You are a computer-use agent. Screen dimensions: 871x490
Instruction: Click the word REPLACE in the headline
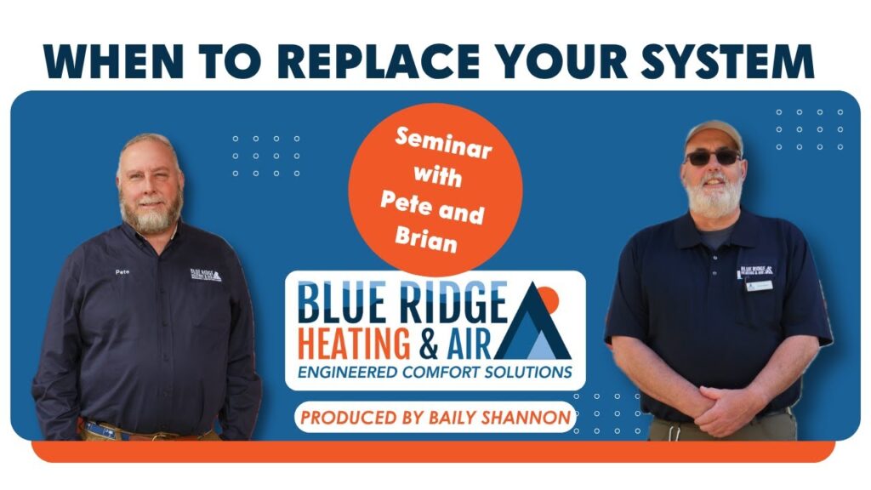click(379, 60)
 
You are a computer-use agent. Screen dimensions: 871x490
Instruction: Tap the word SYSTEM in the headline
click(727, 60)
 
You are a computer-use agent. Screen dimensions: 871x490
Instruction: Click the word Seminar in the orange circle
click(443, 144)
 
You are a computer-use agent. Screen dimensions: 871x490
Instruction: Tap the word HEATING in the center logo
click(354, 344)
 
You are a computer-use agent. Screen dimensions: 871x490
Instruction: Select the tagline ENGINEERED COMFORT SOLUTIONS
click(435, 372)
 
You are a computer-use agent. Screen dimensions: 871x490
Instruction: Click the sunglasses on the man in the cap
click(714, 157)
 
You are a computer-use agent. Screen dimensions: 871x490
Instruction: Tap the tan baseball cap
click(714, 135)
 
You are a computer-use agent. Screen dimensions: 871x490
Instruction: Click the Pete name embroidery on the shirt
click(122, 271)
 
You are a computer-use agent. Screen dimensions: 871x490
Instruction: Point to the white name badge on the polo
click(760, 286)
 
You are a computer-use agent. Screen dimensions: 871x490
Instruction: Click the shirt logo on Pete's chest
click(206, 275)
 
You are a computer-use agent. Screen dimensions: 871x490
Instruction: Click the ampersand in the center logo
click(429, 345)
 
